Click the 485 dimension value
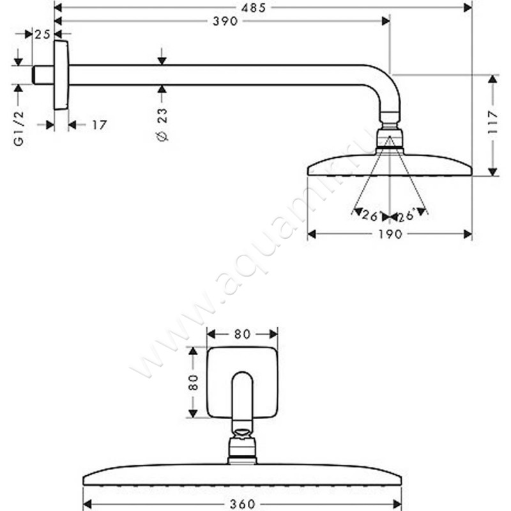[254, 8]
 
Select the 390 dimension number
[225, 22]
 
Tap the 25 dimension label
[43, 34]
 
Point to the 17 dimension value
[99, 125]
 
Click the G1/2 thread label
[19, 128]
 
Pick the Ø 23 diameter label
[162, 124]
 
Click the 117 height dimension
[492, 122]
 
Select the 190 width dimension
[390, 234]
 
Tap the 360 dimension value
[242, 504]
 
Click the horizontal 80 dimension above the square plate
[242, 334]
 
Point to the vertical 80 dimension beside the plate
[194, 382]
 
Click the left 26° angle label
[370, 215]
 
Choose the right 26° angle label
[406, 215]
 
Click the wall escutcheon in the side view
[61, 75]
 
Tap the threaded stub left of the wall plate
[43, 75]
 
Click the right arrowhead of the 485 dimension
[468, 8]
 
